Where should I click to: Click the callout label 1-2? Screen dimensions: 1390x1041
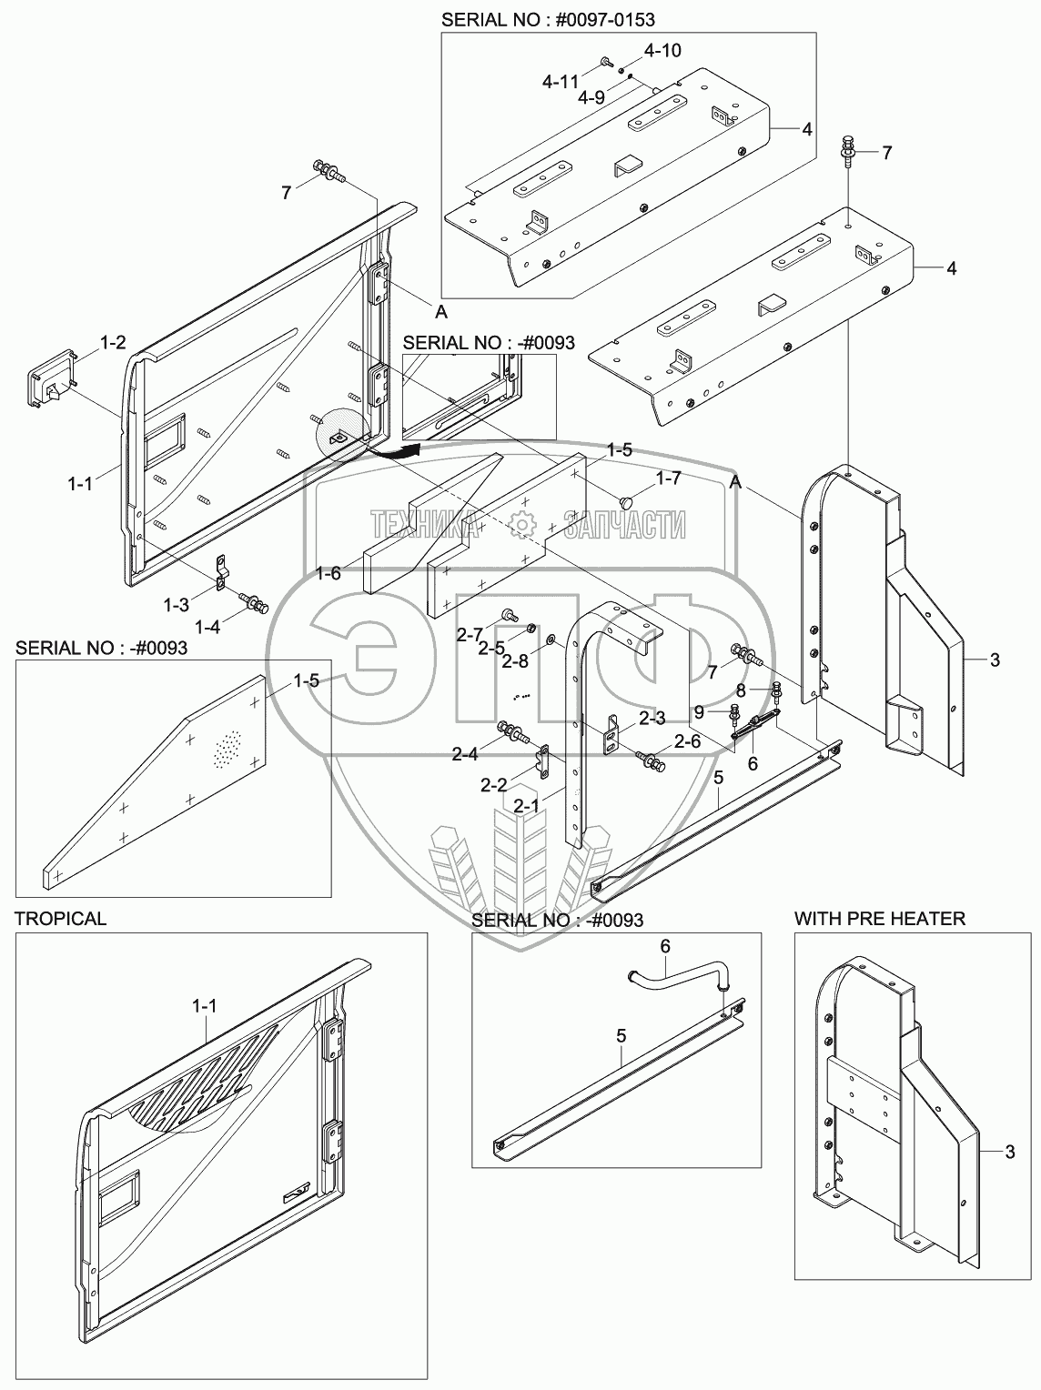112,343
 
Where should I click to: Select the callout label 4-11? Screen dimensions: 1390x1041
561,81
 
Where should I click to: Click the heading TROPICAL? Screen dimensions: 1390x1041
60,919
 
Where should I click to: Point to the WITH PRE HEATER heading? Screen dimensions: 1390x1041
879,919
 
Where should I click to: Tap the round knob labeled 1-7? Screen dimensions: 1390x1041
625,501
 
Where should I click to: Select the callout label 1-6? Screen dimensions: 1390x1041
328,572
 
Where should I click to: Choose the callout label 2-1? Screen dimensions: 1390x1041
526,805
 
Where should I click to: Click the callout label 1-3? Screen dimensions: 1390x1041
177,604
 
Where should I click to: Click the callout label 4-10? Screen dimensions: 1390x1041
663,50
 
